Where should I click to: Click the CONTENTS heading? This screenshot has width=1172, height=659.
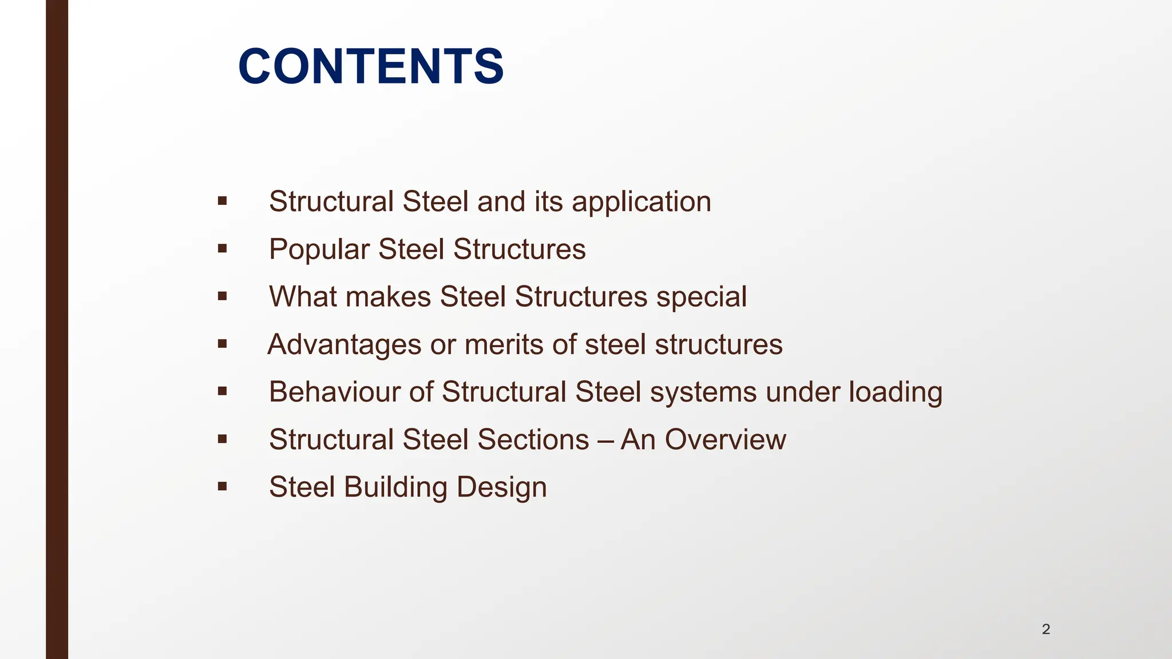tap(371, 66)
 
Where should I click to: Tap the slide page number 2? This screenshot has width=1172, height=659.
tap(1046, 629)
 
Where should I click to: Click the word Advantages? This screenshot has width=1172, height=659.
tap(345, 345)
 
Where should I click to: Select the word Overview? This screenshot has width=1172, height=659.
tap(725, 440)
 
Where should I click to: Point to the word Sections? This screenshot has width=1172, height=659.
tap(533, 440)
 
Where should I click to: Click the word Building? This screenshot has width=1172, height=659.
tap(395, 488)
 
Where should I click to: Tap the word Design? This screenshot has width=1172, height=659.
tap(501, 488)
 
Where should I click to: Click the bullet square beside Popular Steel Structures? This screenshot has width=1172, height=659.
tap(222, 248)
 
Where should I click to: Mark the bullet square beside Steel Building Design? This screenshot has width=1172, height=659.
tap(222, 487)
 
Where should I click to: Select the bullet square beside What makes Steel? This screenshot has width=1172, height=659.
tap(222, 296)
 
